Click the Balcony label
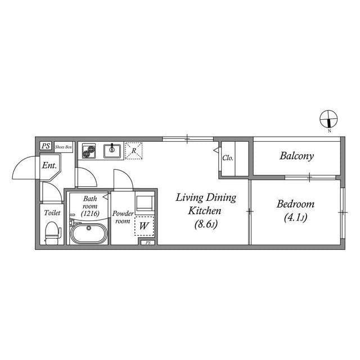tap(296, 156)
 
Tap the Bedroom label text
tap(295, 204)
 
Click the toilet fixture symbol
tap(53, 232)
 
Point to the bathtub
tap(89, 233)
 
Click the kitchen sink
tap(112, 151)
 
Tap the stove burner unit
tap(89, 151)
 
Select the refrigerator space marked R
tap(134, 151)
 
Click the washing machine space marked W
tap(144, 226)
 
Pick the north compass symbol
tap(328, 119)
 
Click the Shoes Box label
tap(64, 147)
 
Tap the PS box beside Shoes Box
tap(46, 146)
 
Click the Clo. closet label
tap(228, 158)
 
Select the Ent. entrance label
tap(49, 165)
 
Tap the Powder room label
tap(123, 217)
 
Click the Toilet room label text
tap(52, 213)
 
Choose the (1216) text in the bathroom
tap(90, 214)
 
